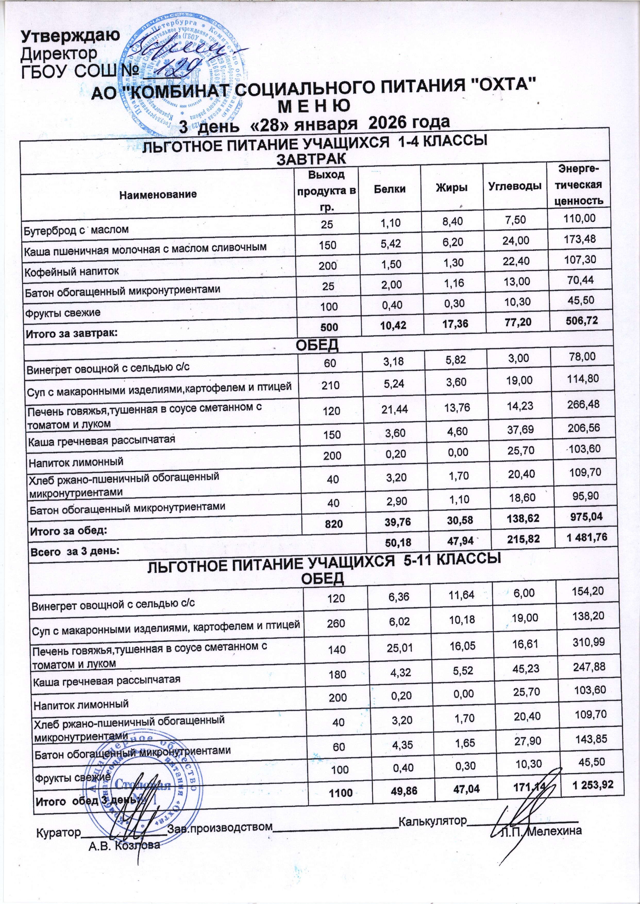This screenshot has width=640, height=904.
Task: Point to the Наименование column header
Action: click(x=158, y=194)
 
